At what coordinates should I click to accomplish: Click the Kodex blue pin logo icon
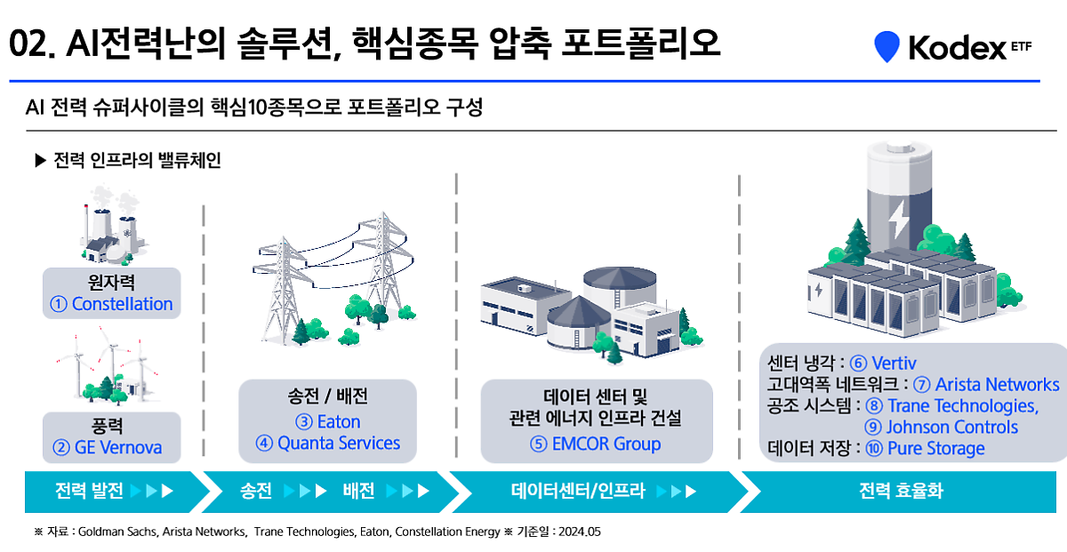pyautogui.click(x=886, y=46)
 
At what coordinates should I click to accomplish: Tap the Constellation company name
pyautogui.click(x=122, y=304)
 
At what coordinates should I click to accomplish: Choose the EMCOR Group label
pyautogui.click(x=607, y=444)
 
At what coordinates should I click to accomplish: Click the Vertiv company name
pyautogui.click(x=894, y=363)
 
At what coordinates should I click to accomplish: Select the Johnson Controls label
pyautogui.click(x=952, y=427)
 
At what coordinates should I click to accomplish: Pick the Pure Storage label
pyautogui.click(x=935, y=448)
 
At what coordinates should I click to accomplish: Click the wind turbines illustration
pyautogui.click(x=102, y=366)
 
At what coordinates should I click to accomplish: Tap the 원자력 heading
pyautogui.click(x=111, y=284)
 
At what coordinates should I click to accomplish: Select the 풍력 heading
pyautogui.click(x=111, y=427)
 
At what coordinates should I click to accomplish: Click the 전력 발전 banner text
pyautogui.click(x=89, y=491)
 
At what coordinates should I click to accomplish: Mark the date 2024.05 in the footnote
pyautogui.click(x=581, y=532)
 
